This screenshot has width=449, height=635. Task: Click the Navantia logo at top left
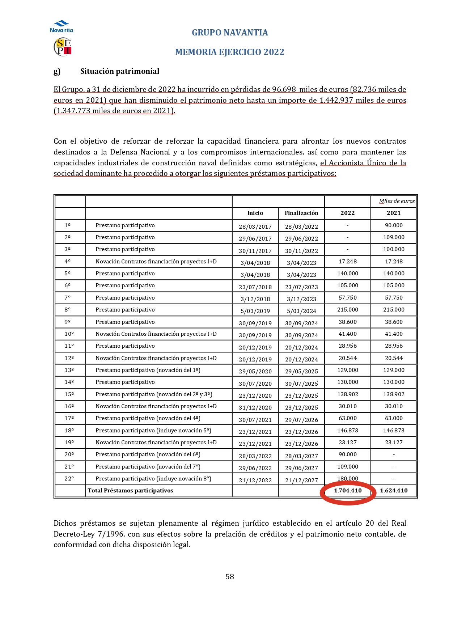(x=62, y=27)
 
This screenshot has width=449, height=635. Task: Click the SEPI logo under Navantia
(x=63, y=47)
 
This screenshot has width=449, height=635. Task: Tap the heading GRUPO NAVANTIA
(x=230, y=33)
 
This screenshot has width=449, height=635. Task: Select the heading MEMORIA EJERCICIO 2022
(x=230, y=52)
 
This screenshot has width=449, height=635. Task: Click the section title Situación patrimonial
(x=120, y=71)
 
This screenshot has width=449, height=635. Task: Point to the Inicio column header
(x=255, y=213)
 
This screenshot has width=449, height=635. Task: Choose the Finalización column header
(x=301, y=213)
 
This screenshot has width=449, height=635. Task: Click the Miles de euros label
(x=397, y=201)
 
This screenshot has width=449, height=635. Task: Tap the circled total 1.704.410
(x=348, y=491)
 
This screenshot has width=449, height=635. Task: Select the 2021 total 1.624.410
(x=394, y=491)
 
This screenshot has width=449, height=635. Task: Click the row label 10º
(x=69, y=334)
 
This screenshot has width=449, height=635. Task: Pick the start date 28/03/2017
(x=255, y=227)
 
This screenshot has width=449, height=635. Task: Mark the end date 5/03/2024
(x=301, y=311)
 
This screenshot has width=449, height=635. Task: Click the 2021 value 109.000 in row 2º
(x=394, y=237)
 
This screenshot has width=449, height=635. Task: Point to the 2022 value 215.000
(x=348, y=310)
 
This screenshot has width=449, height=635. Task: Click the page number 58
(x=230, y=577)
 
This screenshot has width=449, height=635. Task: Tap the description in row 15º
(x=154, y=394)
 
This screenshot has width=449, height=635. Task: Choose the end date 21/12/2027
(x=301, y=480)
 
